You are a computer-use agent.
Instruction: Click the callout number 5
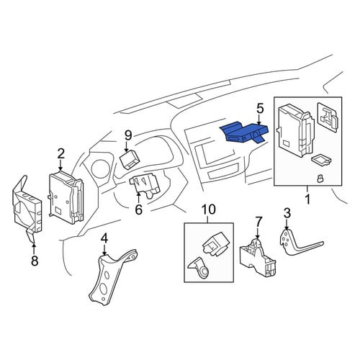tap(260, 109)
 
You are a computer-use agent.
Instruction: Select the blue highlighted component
tap(243, 132)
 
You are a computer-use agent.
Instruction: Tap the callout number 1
tap(307, 199)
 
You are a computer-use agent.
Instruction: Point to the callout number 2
tap(61, 154)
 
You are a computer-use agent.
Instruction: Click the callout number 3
tap(287, 213)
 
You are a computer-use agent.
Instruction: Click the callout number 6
tap(139, 210)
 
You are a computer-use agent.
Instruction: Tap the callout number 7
tap(257, 222)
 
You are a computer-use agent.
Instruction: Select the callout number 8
tap(35, 261)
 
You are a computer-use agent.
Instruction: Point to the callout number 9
tap(128, 135)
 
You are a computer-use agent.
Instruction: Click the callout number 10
tap(208, 210)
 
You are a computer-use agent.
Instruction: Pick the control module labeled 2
tap(66, 197)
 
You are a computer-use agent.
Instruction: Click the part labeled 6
tap(145, 185)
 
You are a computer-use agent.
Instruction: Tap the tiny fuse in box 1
tap(320, 179)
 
